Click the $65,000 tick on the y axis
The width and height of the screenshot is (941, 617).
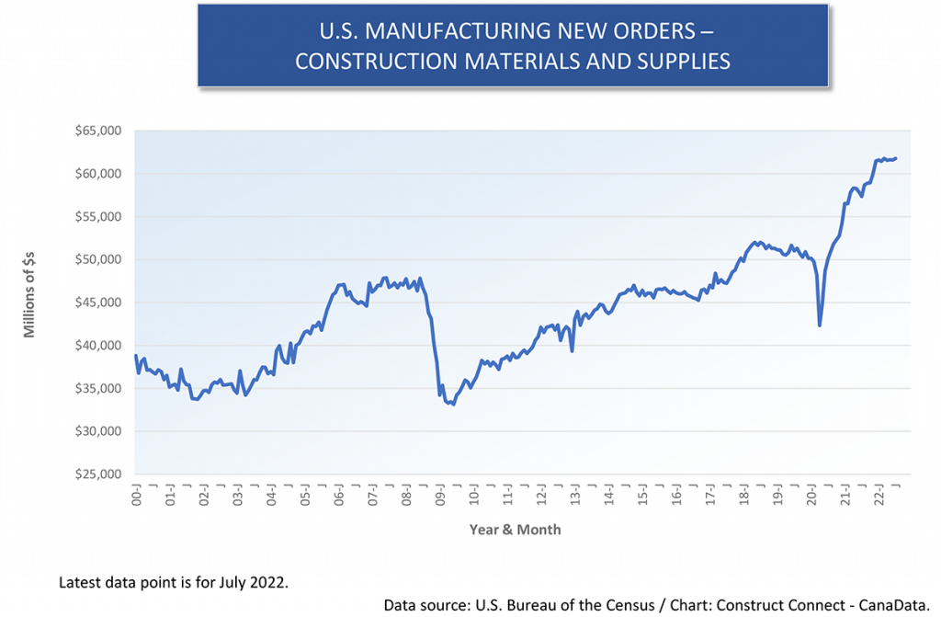100,131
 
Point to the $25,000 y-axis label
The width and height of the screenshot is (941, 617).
100,474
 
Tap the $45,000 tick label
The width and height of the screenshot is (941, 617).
100,303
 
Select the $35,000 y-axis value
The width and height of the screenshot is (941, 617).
100,389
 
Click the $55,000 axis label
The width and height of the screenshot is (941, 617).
100,217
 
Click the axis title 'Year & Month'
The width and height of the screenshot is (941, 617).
515,530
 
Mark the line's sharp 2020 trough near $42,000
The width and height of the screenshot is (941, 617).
820,325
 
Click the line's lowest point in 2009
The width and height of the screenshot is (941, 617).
453,404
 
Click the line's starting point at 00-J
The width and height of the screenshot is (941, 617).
135,356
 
